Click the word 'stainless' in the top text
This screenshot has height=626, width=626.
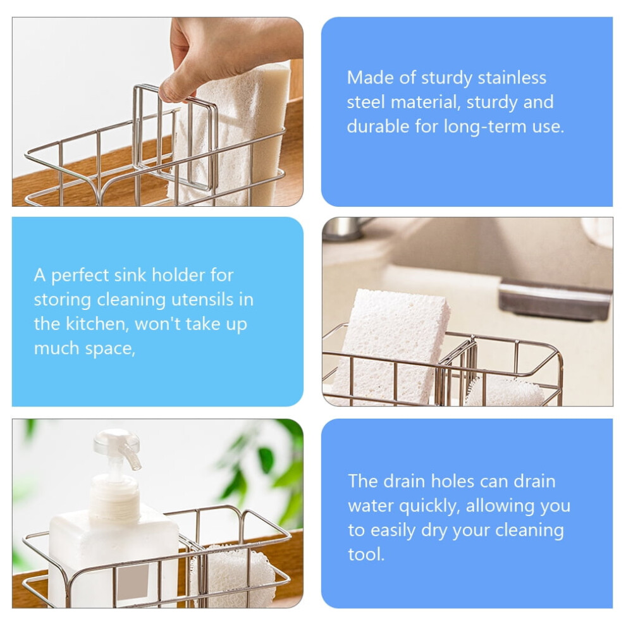point(512,77)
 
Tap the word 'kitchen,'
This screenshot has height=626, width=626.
point(97,324)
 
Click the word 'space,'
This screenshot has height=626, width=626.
point(110,349)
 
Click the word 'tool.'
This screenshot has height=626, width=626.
point(366,555)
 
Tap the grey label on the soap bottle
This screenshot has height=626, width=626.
point(133,581)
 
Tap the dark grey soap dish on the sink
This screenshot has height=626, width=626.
point(555,300)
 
